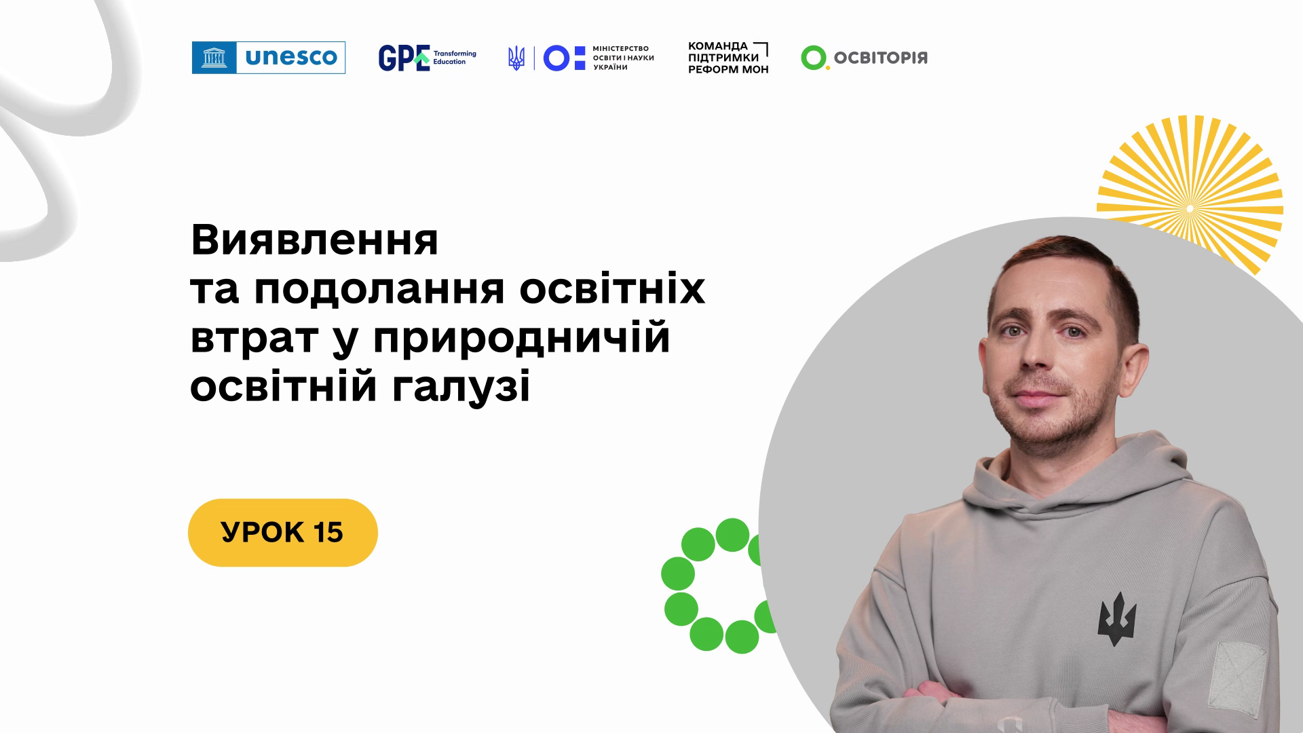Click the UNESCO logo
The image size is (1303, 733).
269,58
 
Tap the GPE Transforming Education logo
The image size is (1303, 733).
427,58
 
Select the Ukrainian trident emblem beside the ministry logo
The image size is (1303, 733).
516,58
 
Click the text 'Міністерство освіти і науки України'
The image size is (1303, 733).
623,58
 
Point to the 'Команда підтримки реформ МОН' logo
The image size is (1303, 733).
728,58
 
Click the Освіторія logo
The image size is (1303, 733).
864,58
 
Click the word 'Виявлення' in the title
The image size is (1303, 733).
314,240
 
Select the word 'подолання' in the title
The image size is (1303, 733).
379,290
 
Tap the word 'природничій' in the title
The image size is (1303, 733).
521,337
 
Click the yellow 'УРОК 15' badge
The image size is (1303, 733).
282,533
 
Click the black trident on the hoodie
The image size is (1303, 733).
1116,618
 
